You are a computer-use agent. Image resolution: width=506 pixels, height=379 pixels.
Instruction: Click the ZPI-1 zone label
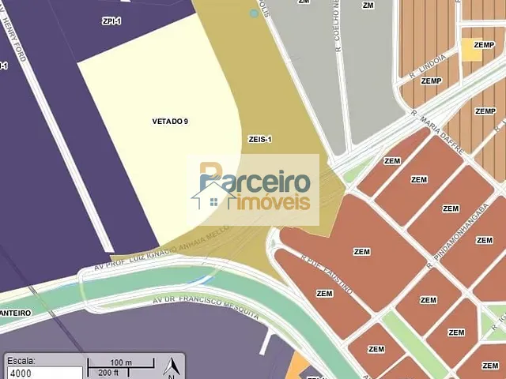coord(111,21)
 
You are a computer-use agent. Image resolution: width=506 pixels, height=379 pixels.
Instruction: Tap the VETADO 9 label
coord(170,121)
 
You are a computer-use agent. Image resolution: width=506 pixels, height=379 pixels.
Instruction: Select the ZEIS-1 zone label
coord(260,139)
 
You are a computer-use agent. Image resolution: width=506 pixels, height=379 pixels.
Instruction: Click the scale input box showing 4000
coord(43,373)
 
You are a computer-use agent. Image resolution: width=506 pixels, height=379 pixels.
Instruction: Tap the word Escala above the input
coord(21,360)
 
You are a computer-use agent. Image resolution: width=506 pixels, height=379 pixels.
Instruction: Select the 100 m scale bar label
coord(121,362)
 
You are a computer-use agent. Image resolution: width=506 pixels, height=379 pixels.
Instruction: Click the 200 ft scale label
coord(108,372)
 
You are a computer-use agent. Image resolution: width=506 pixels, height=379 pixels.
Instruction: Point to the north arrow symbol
coord(170,366)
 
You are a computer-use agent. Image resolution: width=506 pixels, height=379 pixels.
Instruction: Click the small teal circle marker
coord(254,13)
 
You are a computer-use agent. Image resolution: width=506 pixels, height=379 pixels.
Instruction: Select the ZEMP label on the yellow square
coord(473,45)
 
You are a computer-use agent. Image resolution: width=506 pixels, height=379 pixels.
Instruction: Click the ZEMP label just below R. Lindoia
coord(431,81)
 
